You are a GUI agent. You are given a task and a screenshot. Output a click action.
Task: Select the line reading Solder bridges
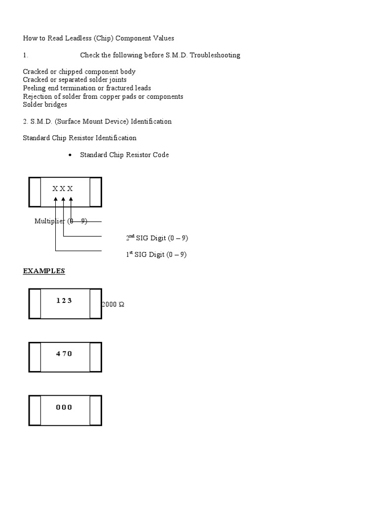(45, 105)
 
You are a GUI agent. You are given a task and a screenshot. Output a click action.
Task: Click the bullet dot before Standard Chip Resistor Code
(70, 155)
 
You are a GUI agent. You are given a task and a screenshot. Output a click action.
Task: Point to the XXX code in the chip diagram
(63, 188)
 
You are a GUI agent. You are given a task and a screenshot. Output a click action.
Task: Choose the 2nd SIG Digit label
(157, 238)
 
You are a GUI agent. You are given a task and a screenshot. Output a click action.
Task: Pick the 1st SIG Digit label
(156, 255)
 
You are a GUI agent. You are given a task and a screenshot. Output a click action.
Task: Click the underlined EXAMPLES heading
(44, 271)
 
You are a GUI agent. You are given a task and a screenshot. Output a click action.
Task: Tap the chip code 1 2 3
(64, 300)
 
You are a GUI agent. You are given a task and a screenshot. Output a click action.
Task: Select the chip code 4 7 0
(64, 354)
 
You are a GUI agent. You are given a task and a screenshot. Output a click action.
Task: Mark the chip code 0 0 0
(64, 407)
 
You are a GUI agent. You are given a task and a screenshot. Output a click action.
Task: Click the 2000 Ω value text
(113, 304)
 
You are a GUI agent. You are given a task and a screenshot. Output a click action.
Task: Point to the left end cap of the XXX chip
(35, 192)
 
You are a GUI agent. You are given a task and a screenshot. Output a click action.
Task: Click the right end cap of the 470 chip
(96, 357)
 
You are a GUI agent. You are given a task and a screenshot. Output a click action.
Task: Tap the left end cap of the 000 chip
(35, 411)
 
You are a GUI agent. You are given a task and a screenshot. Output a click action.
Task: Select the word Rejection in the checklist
(38, 96)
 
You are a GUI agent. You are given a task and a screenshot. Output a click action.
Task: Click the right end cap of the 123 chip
(96, 304)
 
